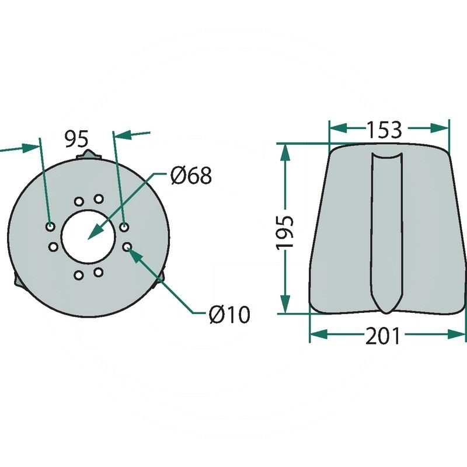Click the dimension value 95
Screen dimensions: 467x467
(76, 140)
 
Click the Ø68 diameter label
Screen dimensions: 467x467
(191, 175)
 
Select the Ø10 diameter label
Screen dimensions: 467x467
(229, 315)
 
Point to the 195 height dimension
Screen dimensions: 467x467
(285, 232)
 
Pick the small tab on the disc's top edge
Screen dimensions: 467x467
(89, 155)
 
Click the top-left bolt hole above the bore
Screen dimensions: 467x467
(78, 201)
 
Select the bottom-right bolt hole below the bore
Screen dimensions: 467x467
(98, 272)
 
